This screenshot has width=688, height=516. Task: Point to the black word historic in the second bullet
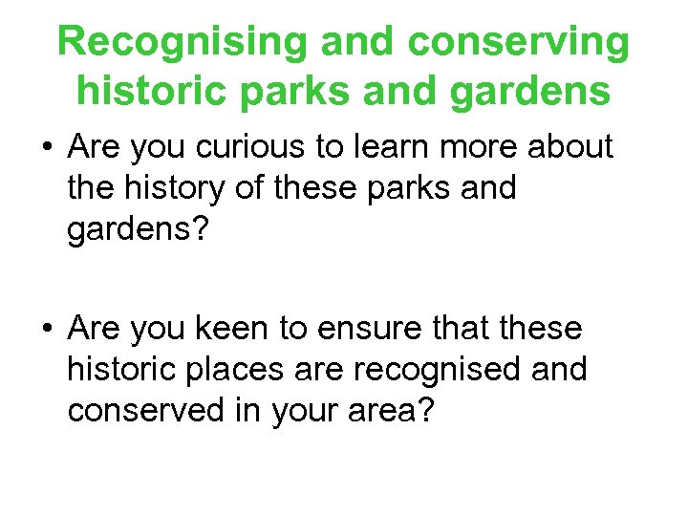pos(121,369)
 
